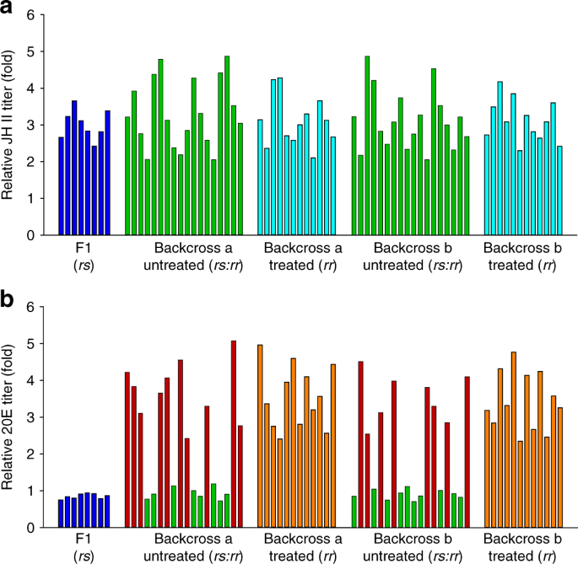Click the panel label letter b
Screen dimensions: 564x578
[9, 297]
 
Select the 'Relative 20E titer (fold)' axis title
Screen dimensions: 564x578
[10, 418]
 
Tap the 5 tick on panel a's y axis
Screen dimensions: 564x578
[31, 51]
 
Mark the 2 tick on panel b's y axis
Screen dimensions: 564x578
[31, 454]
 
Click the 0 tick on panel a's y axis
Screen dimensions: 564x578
[31, 235]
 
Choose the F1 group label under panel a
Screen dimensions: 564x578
[84, 250]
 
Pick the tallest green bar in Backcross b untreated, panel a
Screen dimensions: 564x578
[367, 146]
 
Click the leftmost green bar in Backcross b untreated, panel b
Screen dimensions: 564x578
[354, 511]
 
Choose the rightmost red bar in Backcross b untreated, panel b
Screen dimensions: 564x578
[467, 451]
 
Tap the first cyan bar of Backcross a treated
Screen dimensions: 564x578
[260, 177]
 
